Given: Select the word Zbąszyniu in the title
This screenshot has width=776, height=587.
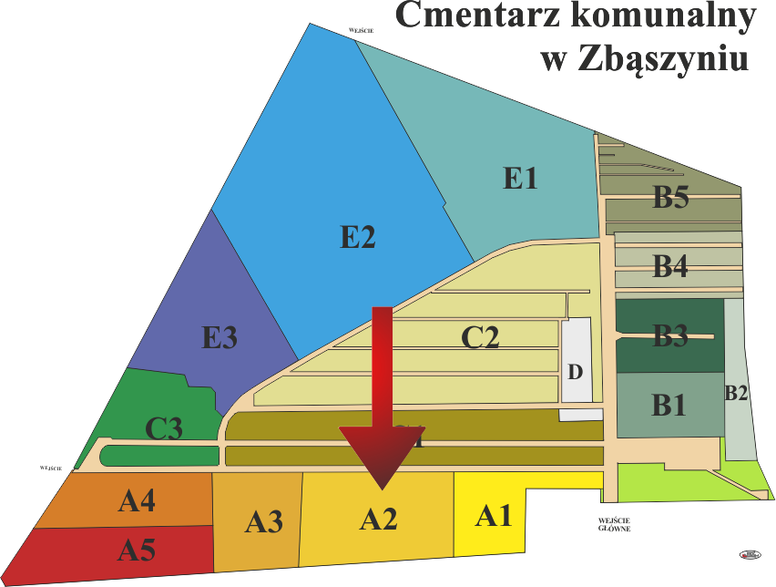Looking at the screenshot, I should (669, 59).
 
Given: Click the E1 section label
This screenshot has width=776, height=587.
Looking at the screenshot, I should (520, 178).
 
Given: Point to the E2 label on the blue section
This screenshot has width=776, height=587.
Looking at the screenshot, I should (358, 237).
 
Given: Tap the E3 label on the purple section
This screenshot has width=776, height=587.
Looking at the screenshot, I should (220, 338).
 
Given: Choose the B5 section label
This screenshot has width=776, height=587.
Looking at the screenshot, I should (670, 197).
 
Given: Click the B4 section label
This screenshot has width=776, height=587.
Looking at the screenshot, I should (670, 267).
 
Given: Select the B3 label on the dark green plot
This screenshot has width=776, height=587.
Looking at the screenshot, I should (670, 336).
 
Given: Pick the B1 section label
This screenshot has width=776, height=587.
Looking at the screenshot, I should (669, 406).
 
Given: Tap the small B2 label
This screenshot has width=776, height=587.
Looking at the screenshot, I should (736, 394).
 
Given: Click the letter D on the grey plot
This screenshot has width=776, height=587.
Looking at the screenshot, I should (575, 372).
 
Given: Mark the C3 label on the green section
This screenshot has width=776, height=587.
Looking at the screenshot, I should (164, 428).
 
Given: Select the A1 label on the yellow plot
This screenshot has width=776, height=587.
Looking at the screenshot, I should (495, 517).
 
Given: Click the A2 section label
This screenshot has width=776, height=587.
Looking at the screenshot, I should (378, 520).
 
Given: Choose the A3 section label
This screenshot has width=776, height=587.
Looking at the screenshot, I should (263, 522).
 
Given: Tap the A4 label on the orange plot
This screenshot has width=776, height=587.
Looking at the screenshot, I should (137, 500).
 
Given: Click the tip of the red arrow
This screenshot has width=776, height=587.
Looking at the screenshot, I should (382, 489).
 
